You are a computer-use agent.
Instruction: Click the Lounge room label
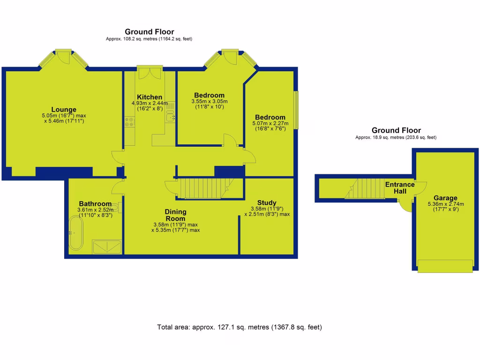coord(64,110)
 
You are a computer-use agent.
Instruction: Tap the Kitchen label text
coord(150,97)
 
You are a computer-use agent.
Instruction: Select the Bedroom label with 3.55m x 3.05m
coord(209,95)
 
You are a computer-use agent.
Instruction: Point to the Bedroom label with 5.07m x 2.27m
coord(270,117)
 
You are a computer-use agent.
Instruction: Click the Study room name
coord(267,202)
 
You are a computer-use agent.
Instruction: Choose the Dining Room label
coord(175,215)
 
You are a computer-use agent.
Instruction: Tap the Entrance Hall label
coord(400,187)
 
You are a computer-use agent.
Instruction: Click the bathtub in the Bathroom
coord(76,233)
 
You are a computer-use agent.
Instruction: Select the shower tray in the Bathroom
coord(108,247)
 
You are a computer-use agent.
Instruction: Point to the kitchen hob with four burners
coord(130,122)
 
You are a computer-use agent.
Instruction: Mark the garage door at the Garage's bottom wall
coord(445,266)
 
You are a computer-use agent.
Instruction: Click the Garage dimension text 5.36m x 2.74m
coord(445,204)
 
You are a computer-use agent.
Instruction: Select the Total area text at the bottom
coord(240,327)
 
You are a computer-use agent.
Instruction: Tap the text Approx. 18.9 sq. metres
coord(396,137)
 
